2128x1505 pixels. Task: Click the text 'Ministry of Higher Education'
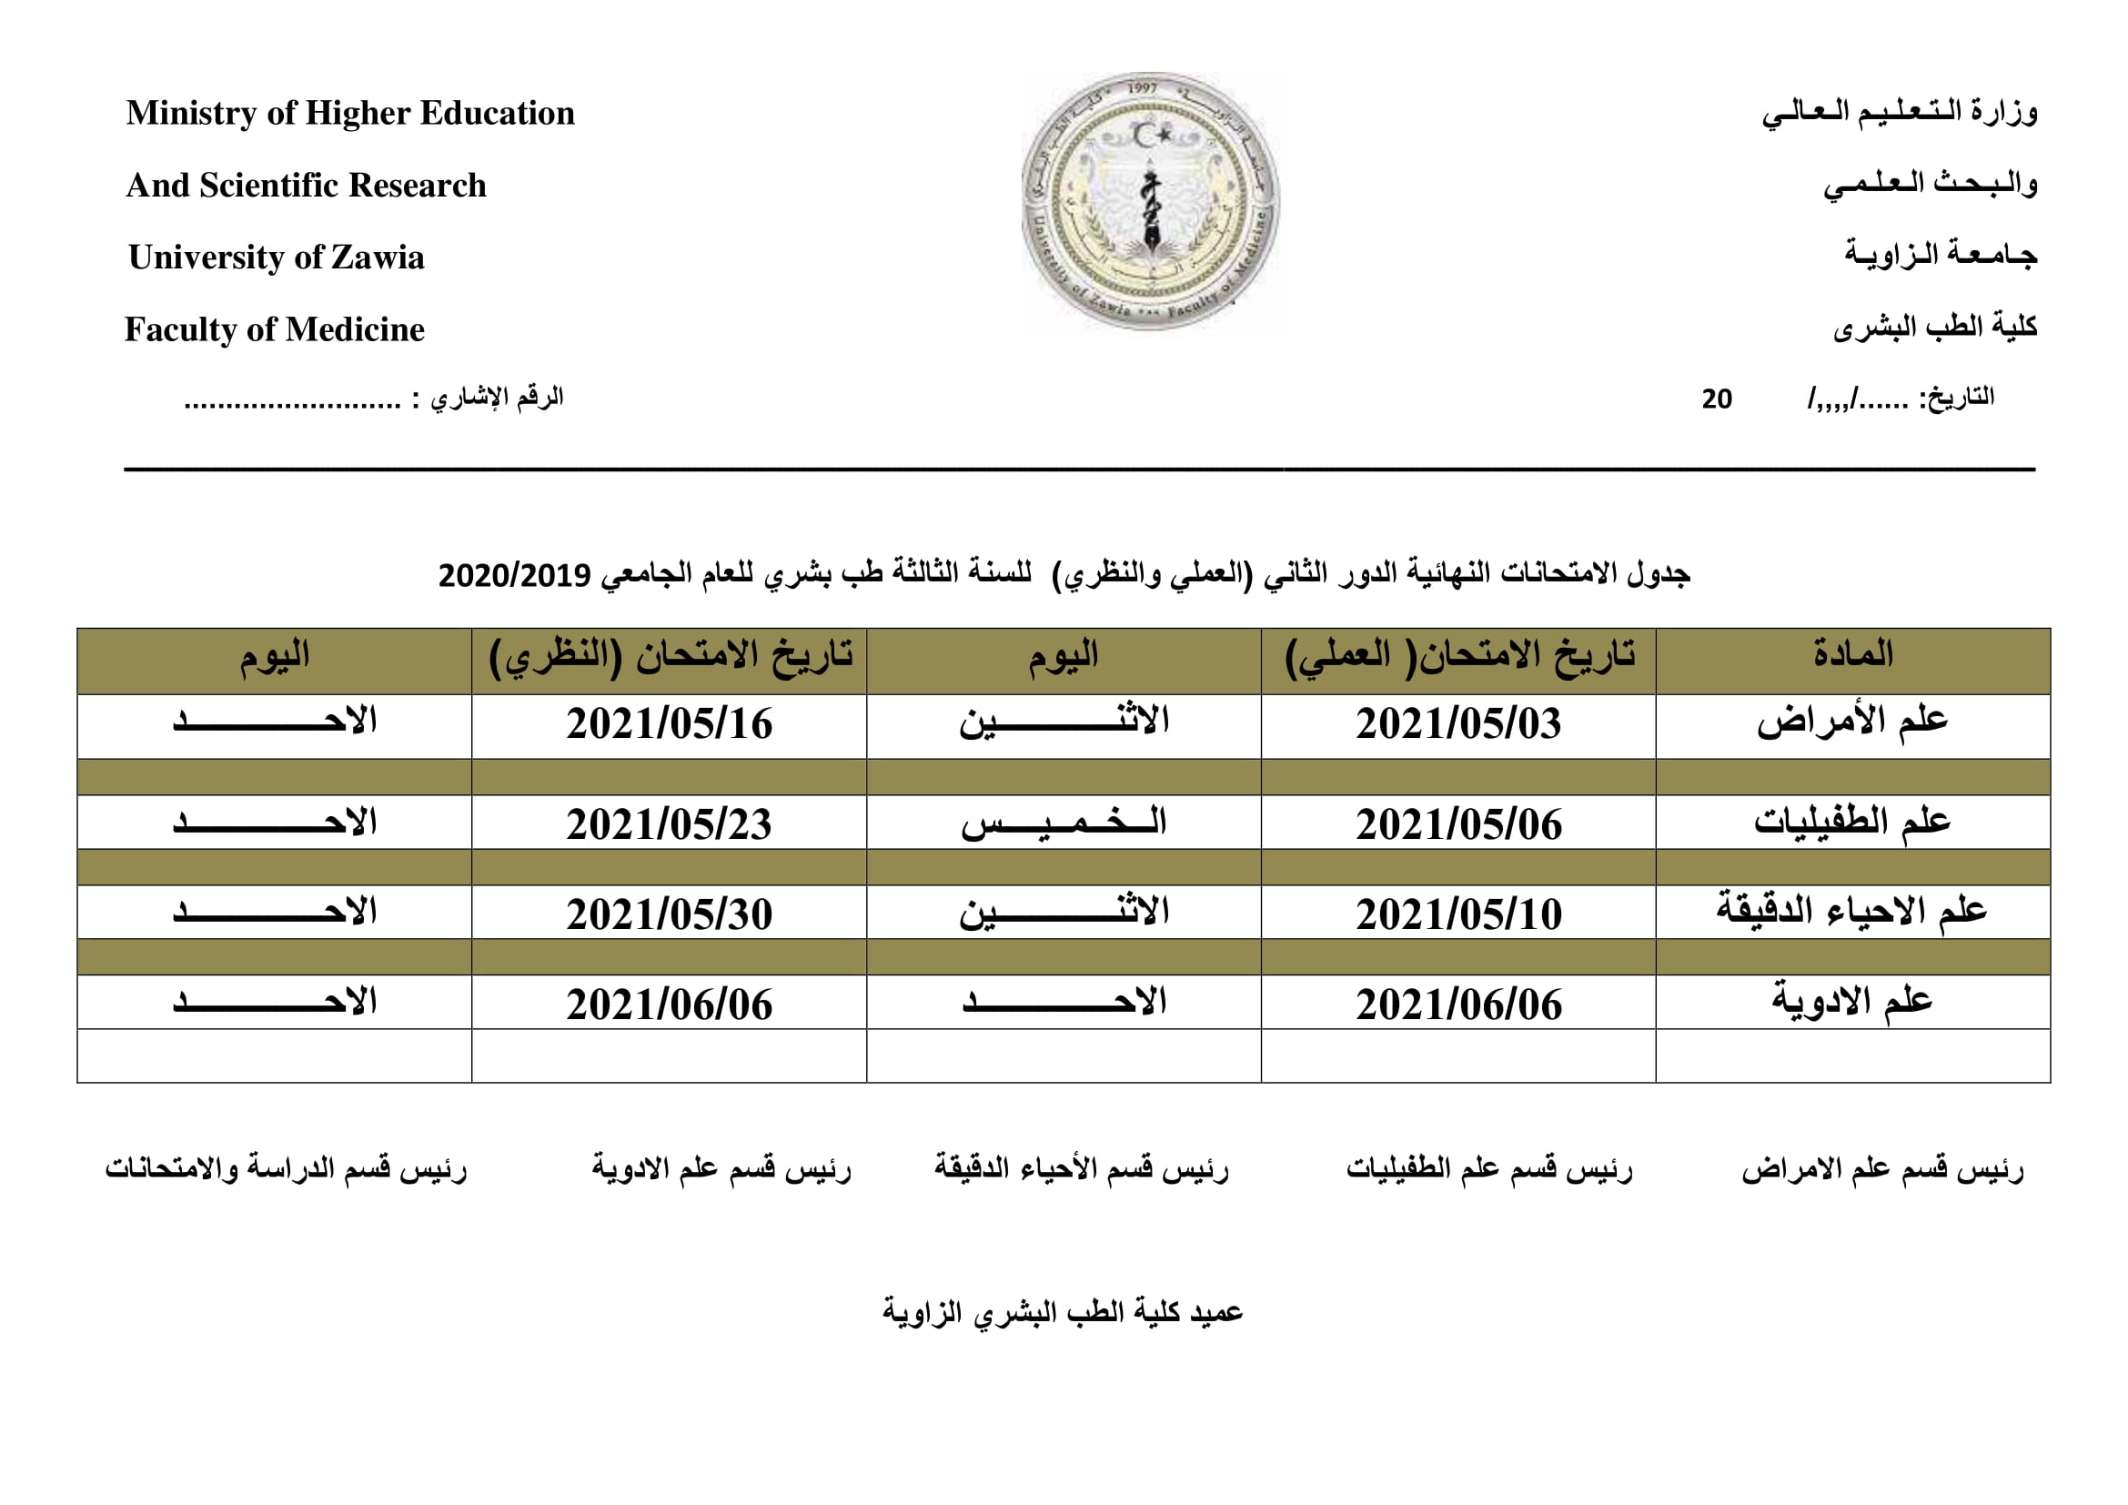coord(350,113)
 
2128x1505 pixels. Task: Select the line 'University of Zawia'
coord(277,257)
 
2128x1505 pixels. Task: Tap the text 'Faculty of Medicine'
coord(275,329)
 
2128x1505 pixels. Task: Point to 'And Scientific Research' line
coord(306,186)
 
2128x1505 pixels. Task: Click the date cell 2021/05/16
coord(670,724)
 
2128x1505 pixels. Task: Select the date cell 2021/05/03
coord(1457,724)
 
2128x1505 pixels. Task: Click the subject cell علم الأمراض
coord(1851,722)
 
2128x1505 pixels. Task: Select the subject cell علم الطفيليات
coord(1851,822)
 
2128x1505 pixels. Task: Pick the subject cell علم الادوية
coord(1851,1002)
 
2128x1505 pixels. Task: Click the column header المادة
coord(1852,655)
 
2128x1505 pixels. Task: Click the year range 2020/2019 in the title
coord(514,575)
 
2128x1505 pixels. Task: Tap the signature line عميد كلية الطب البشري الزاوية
coord(1062,1312)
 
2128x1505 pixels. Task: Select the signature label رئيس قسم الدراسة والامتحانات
coord(286,1168)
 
